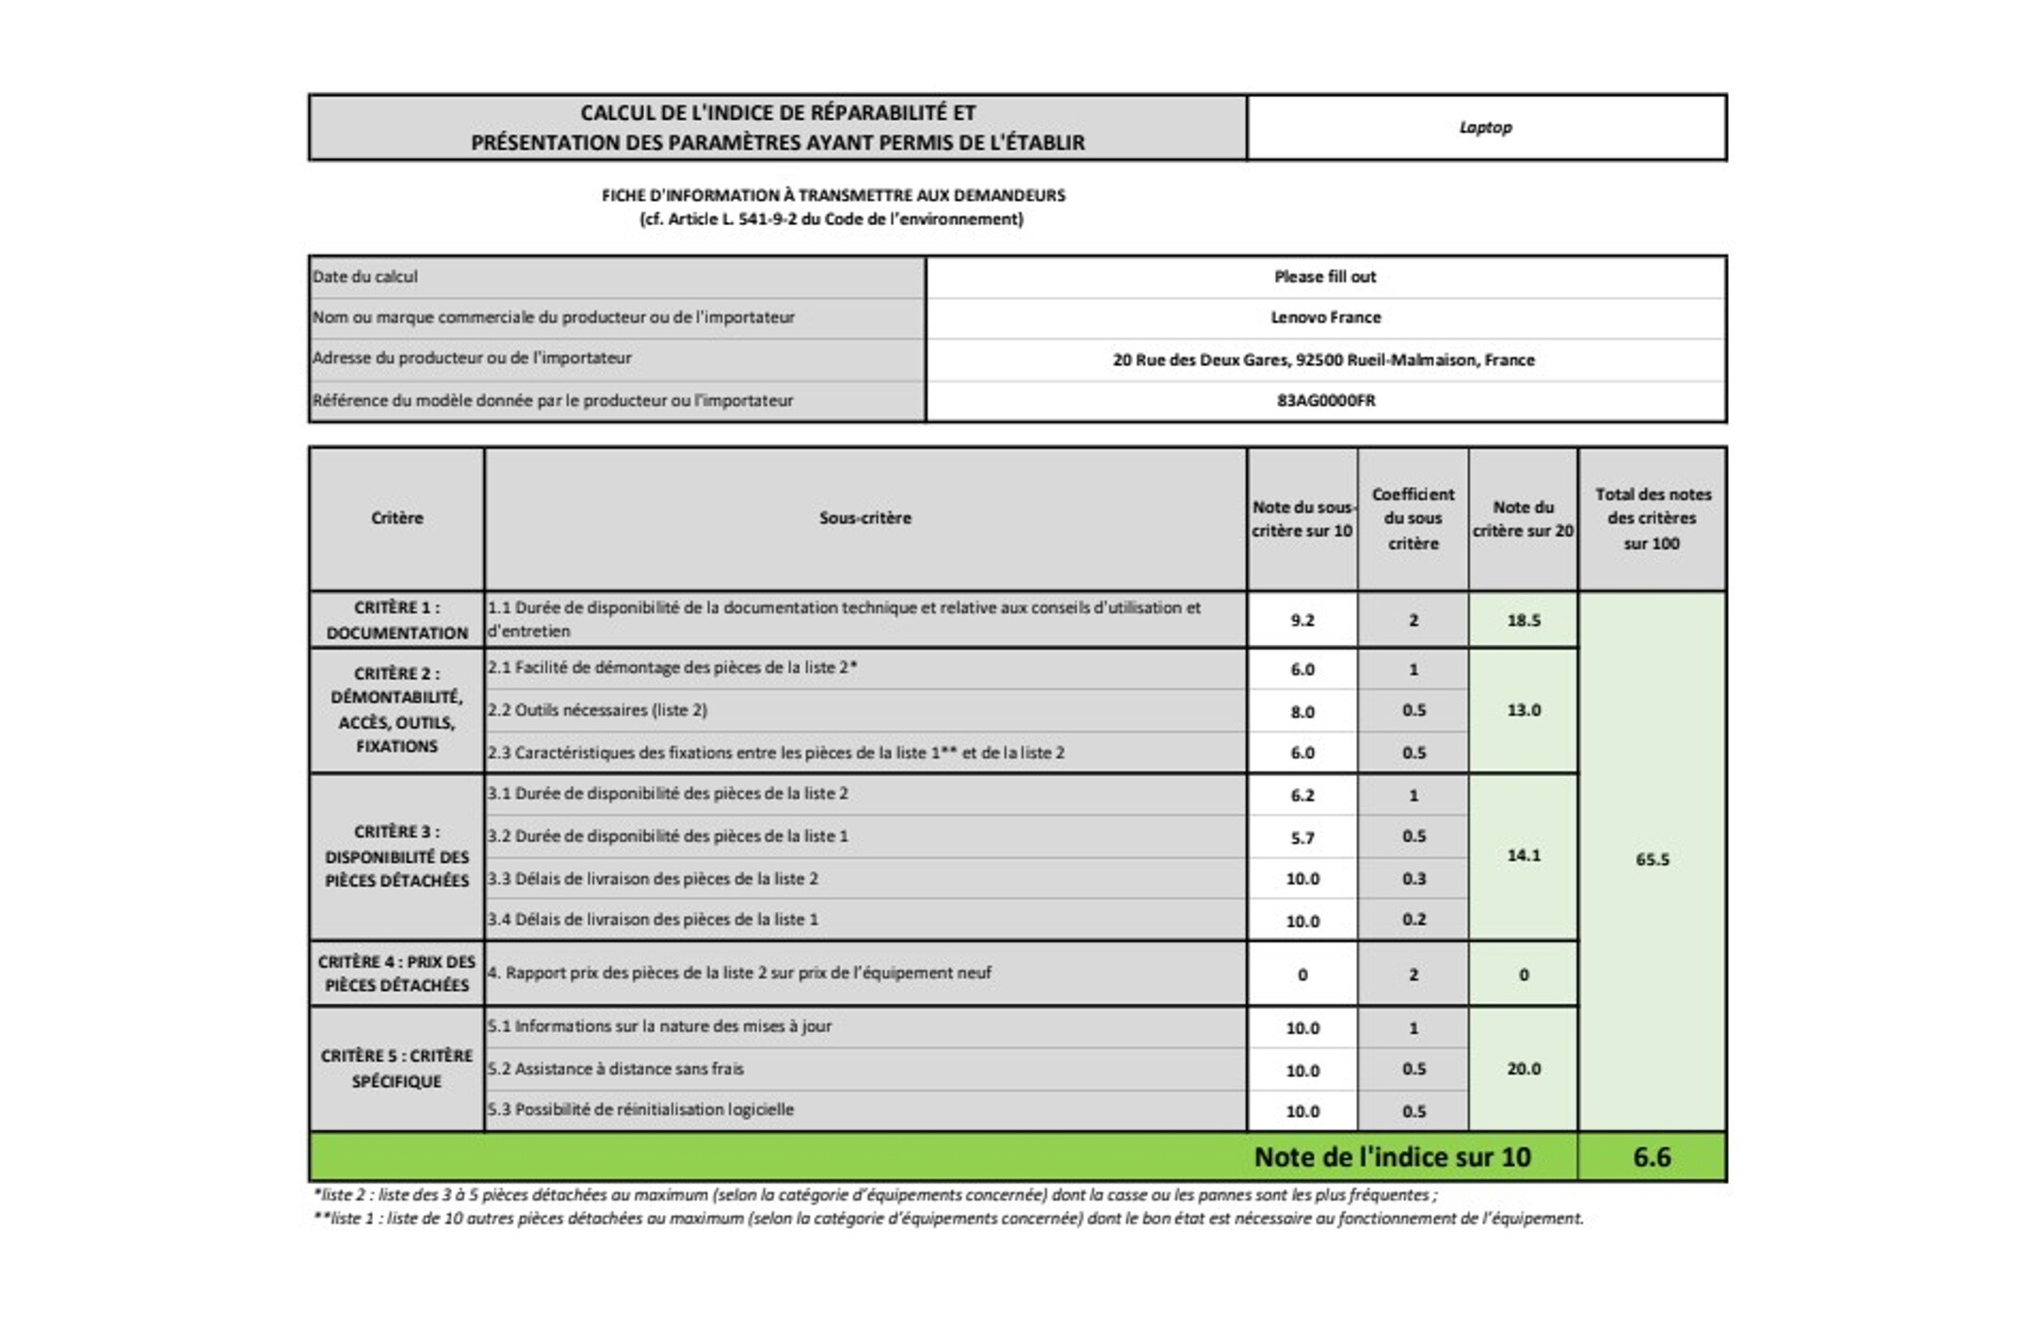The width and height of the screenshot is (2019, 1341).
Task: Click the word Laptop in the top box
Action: coord(1485,127)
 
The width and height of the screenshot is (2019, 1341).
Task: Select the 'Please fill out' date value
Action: coord(1325,277)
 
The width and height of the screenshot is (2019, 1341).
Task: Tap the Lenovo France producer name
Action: coord(1325,317)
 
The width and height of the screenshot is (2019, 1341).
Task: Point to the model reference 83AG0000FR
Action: coord(1325,400)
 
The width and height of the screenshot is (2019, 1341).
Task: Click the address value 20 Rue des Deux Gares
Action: coord(1323,360)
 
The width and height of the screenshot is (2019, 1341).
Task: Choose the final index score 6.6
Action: coord(1652,1157)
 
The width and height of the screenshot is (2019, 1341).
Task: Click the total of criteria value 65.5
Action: coord(1652,859)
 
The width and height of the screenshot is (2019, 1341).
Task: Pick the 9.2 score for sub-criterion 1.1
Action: coord(1302,621)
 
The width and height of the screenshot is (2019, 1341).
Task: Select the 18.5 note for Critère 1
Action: coord(1523,621)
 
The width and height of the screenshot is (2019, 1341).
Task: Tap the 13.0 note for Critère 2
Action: coord(1523,710)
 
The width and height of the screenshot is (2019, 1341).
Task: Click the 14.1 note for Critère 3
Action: coord(1523,856)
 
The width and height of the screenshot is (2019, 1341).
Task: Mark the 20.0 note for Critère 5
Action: coord(1523,1069)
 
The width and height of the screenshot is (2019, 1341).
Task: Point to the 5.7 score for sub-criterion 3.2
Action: coord(1302,837)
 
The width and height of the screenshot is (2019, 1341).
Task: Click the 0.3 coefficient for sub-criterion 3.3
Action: coord(1413,879)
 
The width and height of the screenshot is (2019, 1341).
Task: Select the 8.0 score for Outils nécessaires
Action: coord(1302,712)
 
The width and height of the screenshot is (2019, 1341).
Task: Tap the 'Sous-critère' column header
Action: coord(864,518)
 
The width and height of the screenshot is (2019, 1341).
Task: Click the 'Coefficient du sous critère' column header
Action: coord(1413,519)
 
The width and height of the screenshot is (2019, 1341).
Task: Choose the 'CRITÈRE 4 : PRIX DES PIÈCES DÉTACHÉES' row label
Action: coord(396,974)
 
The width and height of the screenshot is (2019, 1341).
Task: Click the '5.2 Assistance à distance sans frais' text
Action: coord(616,1069)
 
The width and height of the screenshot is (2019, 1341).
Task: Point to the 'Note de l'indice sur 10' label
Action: coord(1392,1157)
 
